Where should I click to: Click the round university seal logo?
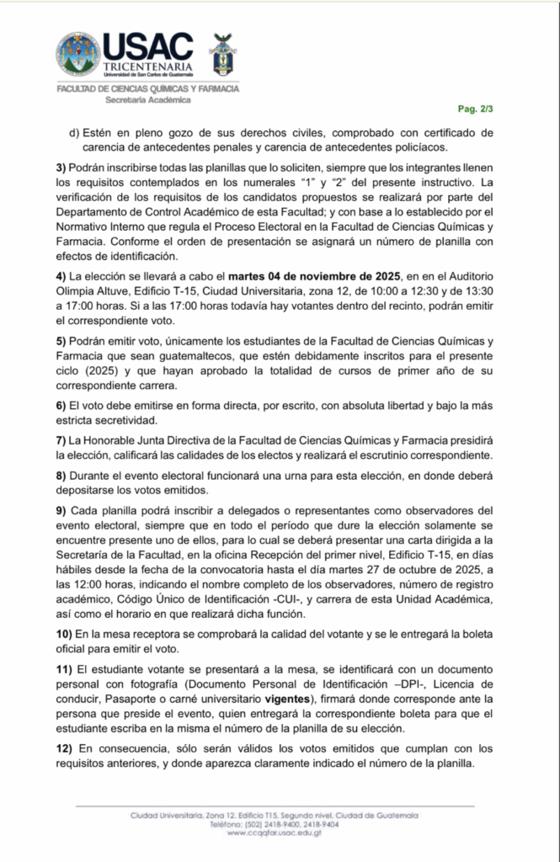coord(77,54)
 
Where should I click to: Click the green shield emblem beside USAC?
coord(221,55)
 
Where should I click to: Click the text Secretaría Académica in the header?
coord(147,99)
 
